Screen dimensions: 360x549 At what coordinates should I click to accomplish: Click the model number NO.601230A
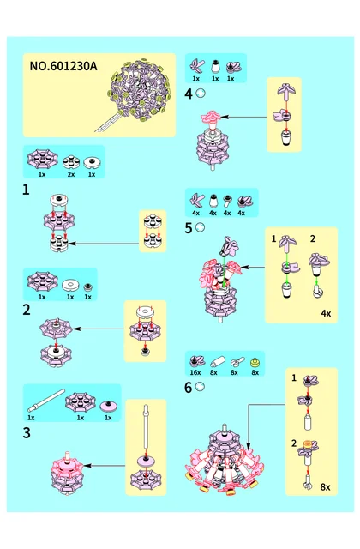[x=63, y=66]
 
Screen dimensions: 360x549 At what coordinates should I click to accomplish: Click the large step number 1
[x=26, y=190]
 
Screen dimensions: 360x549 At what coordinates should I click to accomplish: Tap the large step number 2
[x=27, y=310]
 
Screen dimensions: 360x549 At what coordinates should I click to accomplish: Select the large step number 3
[x=27, y=433]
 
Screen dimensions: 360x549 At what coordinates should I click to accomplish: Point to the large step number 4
[x=189, y=94]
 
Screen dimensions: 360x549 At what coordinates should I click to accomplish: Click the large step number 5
[x=189, y=228]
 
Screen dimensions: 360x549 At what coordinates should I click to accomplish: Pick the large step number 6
[x=189, y=388]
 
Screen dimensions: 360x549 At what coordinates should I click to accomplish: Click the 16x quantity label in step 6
[x=195, y=372]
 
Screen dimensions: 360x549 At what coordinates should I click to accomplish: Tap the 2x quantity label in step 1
[x=70, y=174]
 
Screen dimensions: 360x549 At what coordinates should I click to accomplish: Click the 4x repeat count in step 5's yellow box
[x=326, y=313]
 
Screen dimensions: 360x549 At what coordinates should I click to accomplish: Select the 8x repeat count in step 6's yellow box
[x=325, y=487]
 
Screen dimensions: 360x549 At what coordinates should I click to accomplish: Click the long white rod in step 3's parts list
[x=46, y=401]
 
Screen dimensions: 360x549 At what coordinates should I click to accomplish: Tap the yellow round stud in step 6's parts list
[x=255, y=362]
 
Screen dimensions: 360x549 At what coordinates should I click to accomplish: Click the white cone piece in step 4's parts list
[x=215, y=67]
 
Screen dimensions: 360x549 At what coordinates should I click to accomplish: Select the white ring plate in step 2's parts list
[x=70, y=285]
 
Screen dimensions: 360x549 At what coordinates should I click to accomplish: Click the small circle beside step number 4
[x=201, y=94]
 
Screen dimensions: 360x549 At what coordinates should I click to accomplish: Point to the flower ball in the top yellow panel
[x=139, y=90]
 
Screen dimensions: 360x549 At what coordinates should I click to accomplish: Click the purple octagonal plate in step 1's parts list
[x=42, y=160]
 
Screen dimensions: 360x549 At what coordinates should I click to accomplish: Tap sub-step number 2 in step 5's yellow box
[x=312, y=238]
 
